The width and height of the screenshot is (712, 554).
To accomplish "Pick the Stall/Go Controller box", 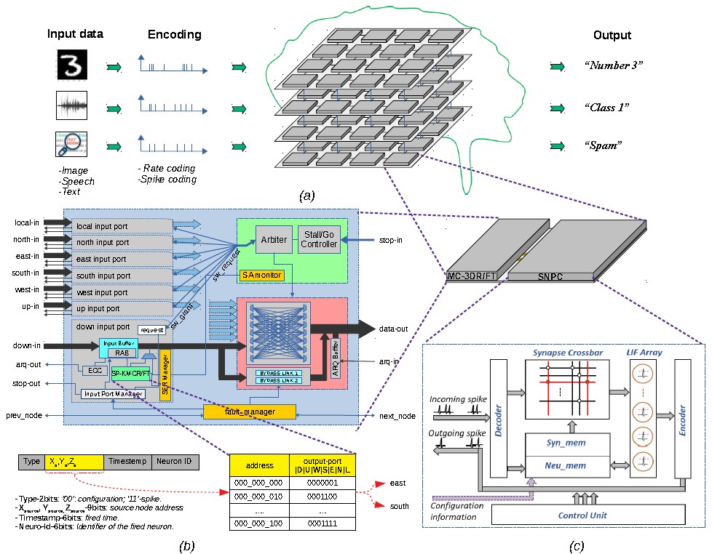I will [x=319, y=239].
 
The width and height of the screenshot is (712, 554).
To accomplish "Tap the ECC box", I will [x=95, y=370].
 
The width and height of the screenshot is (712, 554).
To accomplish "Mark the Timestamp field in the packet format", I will [x=127, y=462].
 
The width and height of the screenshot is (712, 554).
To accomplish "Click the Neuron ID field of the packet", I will [x=174, y=462].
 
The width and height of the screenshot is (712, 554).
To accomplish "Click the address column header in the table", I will [x=259, y=465].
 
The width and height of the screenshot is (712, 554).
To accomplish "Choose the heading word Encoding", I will [x=174, y=34].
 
